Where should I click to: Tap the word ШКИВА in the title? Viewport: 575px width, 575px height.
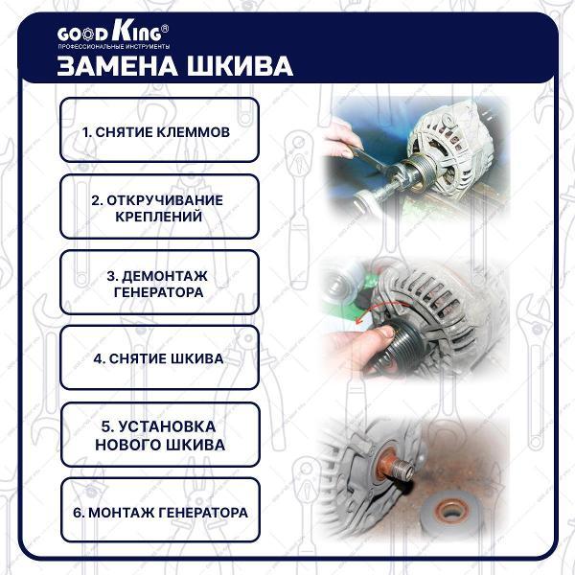tap(241, 66)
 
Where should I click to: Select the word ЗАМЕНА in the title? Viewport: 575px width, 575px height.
tap(117, 66)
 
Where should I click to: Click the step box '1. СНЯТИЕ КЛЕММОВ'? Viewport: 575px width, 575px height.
tap(159, 129)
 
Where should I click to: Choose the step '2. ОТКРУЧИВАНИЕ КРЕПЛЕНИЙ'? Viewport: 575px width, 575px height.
tap(159, 206)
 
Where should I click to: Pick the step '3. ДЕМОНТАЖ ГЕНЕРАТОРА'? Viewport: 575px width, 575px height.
tap(159, 282)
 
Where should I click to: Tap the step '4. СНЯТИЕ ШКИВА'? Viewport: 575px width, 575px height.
tap(159, 357)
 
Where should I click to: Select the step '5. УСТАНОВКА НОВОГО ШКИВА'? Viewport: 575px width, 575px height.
tap(160, 434)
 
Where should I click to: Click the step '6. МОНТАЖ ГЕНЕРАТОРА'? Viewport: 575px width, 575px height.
tap(160, 510)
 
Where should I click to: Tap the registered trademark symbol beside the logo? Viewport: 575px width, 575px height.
tap(165, 28)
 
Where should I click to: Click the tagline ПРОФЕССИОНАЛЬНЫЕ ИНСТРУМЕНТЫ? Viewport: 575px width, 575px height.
tap(114, 47)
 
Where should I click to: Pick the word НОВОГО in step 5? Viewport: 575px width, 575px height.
tap(126, 445)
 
